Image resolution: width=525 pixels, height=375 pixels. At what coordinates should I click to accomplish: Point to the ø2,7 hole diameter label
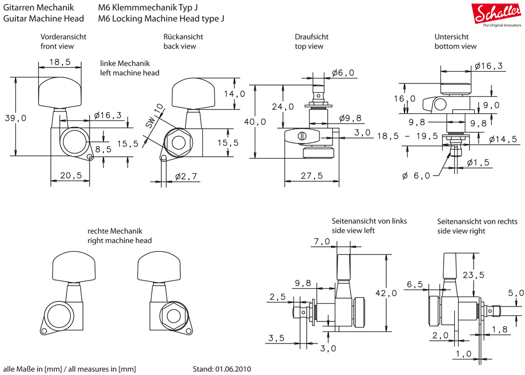point(187,176)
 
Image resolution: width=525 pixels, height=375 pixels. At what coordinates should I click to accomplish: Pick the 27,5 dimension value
point(312,176)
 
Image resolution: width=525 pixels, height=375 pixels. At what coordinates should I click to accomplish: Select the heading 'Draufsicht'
point(311,36)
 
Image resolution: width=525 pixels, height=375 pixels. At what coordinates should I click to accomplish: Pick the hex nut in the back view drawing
point(179,142)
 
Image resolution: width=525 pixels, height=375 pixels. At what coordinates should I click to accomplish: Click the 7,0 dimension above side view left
point(321,241)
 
